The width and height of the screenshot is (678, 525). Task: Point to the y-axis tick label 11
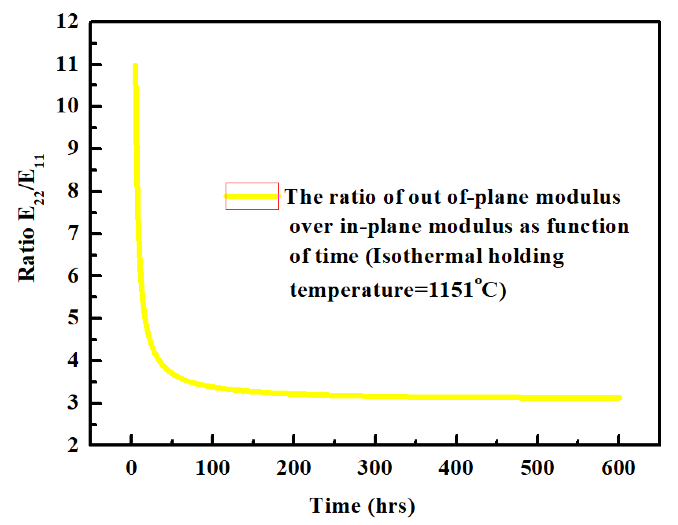click(67, 65)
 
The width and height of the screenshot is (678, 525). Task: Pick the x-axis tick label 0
click(131, 468)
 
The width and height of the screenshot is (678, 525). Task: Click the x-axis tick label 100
click(213, 468)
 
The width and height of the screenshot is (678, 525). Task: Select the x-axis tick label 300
click(375, 468)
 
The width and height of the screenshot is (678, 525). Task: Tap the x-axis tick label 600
click(618, 468)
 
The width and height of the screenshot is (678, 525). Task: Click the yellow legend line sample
click(252, 196)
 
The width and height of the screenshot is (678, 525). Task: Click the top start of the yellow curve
click(135, 66)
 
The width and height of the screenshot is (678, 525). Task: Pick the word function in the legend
click(588, 226)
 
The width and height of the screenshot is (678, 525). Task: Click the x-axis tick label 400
click(456, 468)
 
